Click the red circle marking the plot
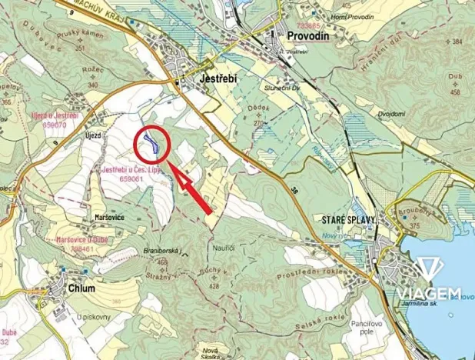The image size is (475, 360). click(x=151, y=144)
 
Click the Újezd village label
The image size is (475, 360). click(x=93, y=135)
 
